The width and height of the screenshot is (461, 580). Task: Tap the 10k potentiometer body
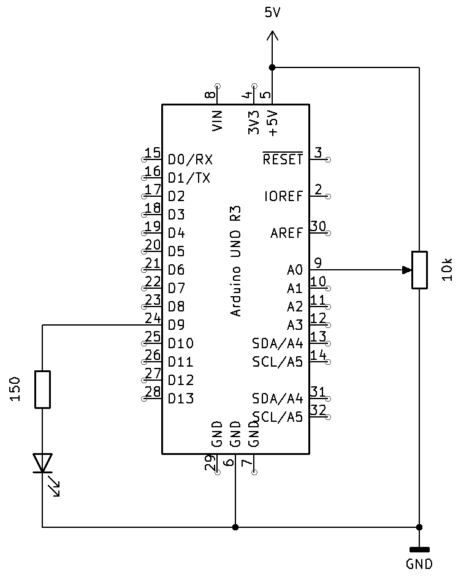[x=419, y=270]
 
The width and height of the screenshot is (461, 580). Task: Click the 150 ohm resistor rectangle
[x=42, y=389]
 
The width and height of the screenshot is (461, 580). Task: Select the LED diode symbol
[x=42, y=464]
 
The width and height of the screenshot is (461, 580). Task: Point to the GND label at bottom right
[x=419, y=565]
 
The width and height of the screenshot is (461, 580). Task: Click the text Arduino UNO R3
[x=236, y=261]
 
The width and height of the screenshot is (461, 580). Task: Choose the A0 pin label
[x=294, y=270]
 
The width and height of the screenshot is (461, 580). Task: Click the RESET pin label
[x=283, y=159]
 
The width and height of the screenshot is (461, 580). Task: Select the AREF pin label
[x=286, y=233]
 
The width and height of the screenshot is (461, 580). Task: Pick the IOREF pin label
[x=283, y=196]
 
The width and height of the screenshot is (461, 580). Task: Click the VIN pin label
[x=218, y=121]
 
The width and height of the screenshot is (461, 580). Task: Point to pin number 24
[x=152, y=318]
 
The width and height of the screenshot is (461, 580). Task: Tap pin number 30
[x=318, y=226]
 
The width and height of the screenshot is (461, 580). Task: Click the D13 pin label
[x=181, y=399]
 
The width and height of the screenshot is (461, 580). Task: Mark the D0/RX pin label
[x=190, y=159]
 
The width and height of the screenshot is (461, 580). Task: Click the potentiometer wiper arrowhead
[x=406, y=270]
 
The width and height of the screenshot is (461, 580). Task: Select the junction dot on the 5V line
[x=272, y=67]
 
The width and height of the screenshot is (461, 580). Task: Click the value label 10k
[x=447, y=270]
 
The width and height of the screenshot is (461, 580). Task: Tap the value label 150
[x=17, y=389]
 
